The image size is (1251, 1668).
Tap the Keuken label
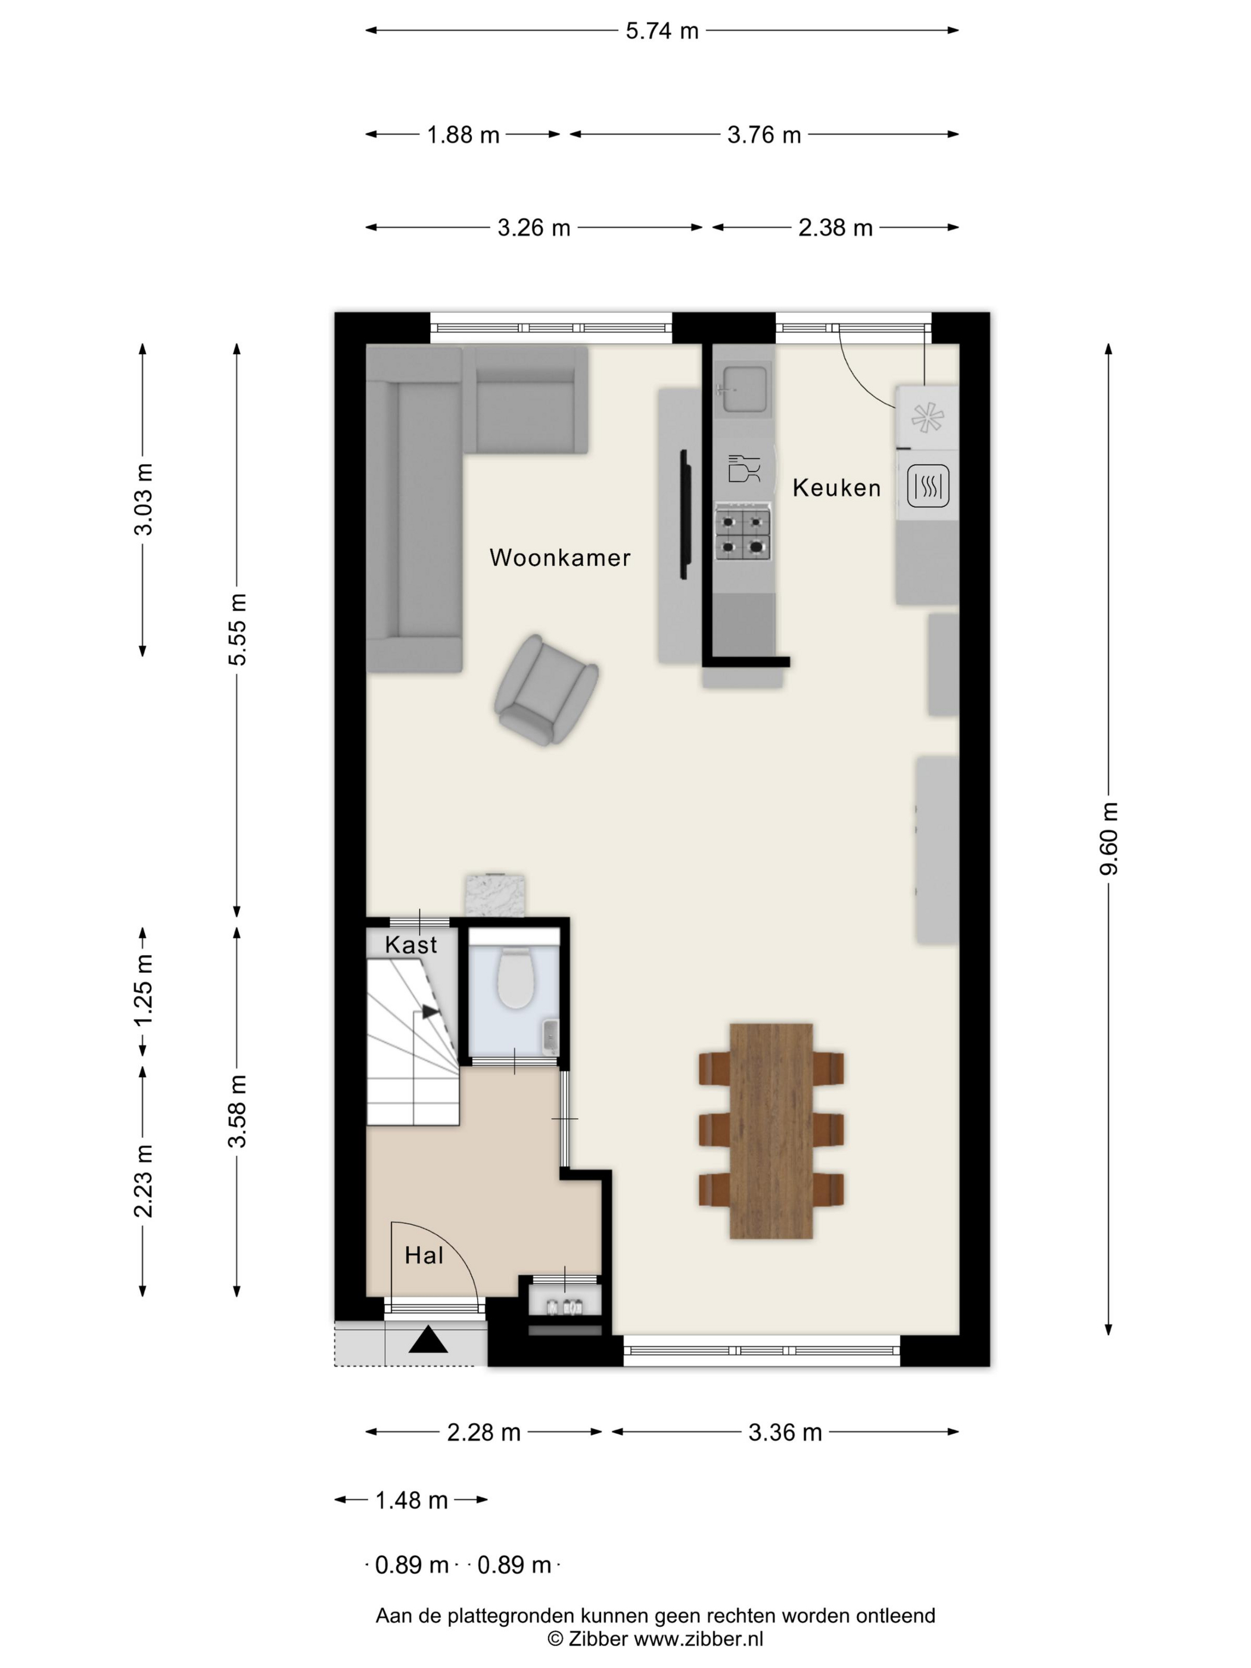[x=836, y=488]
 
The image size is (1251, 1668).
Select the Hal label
[x=424, y=1255]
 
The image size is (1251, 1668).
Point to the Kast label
[x=411, y=944]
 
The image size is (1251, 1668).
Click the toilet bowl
[x=516, y=978]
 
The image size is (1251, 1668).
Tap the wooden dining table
[x=771, y=1130]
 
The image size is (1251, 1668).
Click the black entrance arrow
[x=428, y=1339]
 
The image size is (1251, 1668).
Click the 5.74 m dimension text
[x=662, y=31]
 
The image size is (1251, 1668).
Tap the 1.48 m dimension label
[x=412, y=1500]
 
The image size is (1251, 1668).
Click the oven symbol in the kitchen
[x=928, y=486]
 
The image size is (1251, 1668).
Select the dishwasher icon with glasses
[x=744, y=468]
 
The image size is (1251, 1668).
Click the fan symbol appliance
[x=927, y=418]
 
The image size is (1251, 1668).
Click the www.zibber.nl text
[x=698, y=1638]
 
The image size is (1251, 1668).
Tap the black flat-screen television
[x=684, y=514]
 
